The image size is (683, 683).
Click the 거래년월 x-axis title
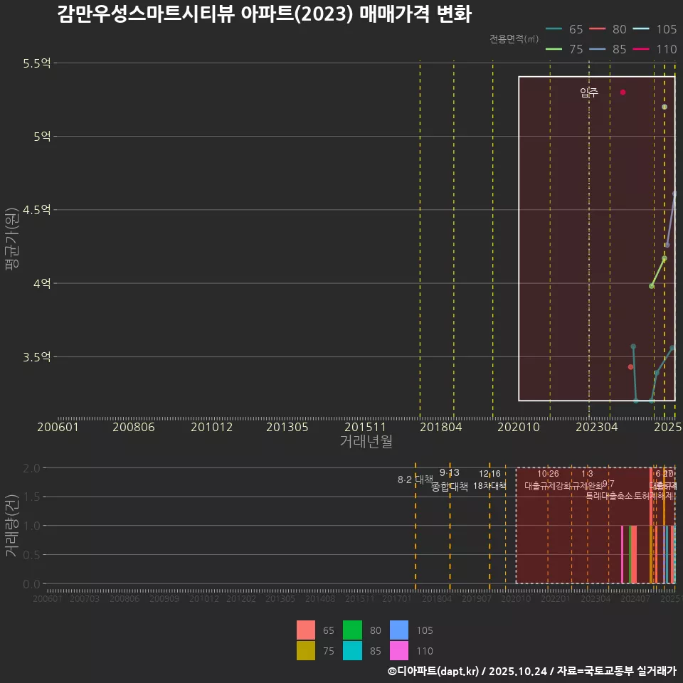point(366,442)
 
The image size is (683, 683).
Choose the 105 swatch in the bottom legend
point(399,630)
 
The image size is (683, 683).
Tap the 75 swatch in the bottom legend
point(306,650)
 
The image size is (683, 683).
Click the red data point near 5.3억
point(623,92)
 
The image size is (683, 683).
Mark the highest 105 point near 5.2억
point(665,107)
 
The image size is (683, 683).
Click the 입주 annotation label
point(589,92)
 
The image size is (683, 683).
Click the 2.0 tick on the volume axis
point(31,468)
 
